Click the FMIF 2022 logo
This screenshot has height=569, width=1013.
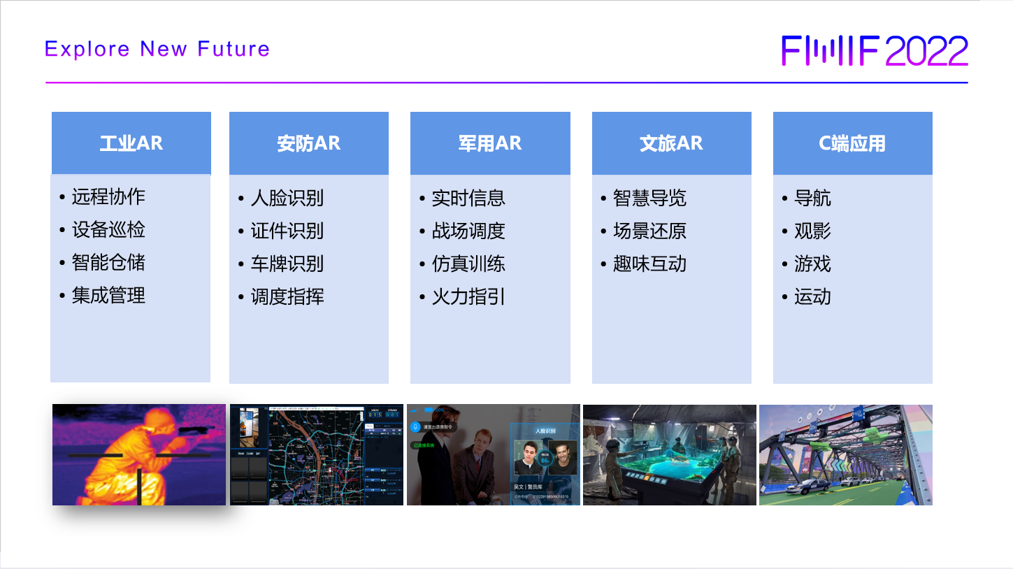(875, 50)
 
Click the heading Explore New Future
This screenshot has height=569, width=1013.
(157, 49)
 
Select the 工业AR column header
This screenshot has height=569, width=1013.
(131, 143)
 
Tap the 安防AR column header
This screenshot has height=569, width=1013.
(308, 143)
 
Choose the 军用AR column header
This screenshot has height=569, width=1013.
(489, 143)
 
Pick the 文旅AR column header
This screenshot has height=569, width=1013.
(671, 143)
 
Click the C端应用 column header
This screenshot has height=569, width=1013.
(852, 143)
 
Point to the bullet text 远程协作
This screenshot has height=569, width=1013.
(108, 196)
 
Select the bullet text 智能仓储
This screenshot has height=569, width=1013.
(108, 262)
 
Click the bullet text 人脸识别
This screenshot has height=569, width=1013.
(287, 198)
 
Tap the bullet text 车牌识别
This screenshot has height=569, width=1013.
(287, 264)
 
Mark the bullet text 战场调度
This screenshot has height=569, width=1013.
(468, 231)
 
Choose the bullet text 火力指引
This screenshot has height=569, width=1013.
(468, 296)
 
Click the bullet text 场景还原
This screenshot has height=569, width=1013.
(649, 231)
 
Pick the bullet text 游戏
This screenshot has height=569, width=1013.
(812, 264)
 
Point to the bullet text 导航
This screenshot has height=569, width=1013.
(812, 198)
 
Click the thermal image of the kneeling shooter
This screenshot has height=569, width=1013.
(139, 454)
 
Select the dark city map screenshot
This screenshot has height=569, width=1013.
(317, 454)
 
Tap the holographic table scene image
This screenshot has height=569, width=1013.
(669, 454)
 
